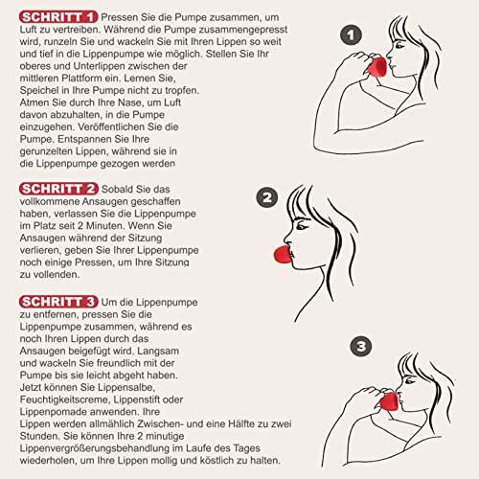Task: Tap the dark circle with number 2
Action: [x=267, y=198]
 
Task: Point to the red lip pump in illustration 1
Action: [x=380, y=65]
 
